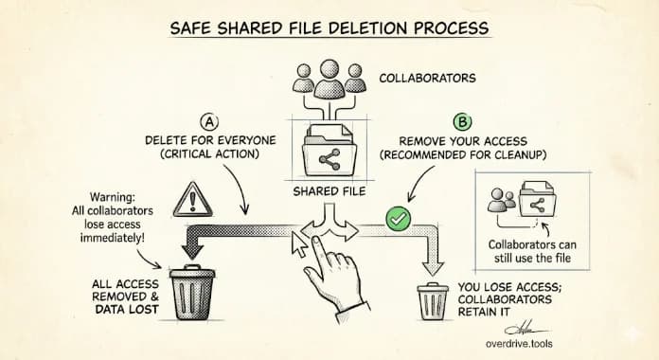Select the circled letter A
(210, 121)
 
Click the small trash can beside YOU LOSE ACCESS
(433, 301)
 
